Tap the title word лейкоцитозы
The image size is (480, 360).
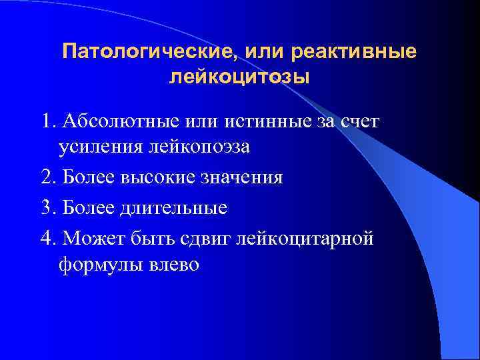(239, 77)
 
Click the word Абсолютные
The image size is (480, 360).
(109, 121)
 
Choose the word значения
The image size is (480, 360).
(242, 177)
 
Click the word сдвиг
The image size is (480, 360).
(207, 237)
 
